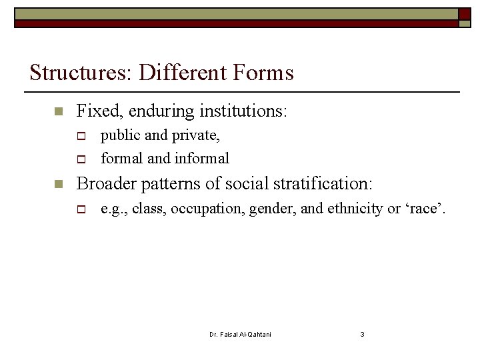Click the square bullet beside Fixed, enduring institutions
click(58, 111)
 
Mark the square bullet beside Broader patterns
click(58, 183)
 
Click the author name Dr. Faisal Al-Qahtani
click(240, 334)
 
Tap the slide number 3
click(362, 334)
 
